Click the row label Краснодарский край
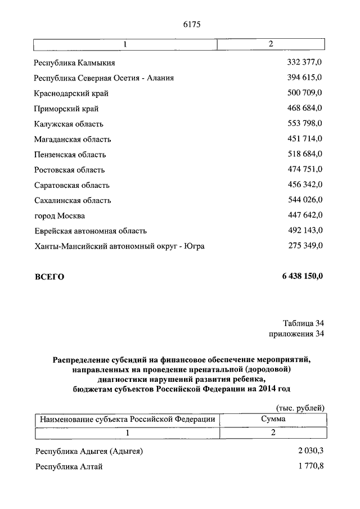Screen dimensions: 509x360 pos(71,93)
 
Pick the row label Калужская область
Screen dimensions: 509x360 pos(69,124)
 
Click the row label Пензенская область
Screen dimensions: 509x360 pos(70,155)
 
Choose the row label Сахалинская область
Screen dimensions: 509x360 pos(73,200)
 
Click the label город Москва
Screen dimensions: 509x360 pos(60,215)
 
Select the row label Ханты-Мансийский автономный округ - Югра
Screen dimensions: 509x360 pos(119,246)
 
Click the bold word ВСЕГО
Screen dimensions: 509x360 pos(49,277)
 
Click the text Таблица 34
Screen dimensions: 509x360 pos(303,323)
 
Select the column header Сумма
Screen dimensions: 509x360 pos(273,419)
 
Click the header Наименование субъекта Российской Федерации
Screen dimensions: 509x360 pos(127,419)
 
